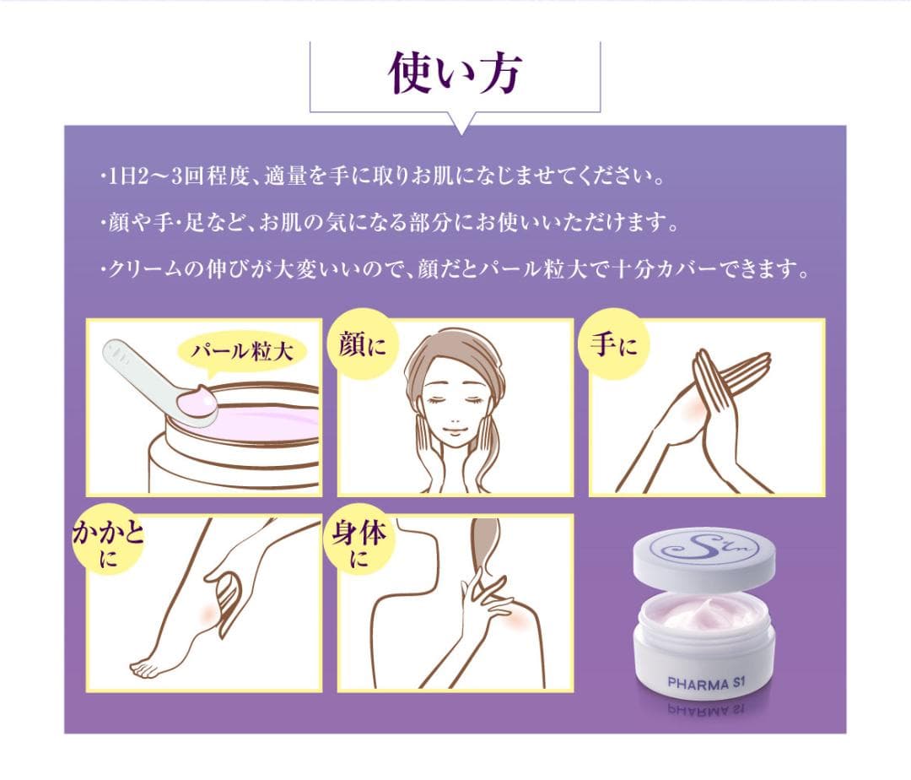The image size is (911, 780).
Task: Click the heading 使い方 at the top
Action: [455, 75]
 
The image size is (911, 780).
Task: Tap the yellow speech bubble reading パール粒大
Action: [240, 352]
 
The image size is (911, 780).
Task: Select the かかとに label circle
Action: [107, 540]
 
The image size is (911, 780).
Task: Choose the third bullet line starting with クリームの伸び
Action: [455, 271]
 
